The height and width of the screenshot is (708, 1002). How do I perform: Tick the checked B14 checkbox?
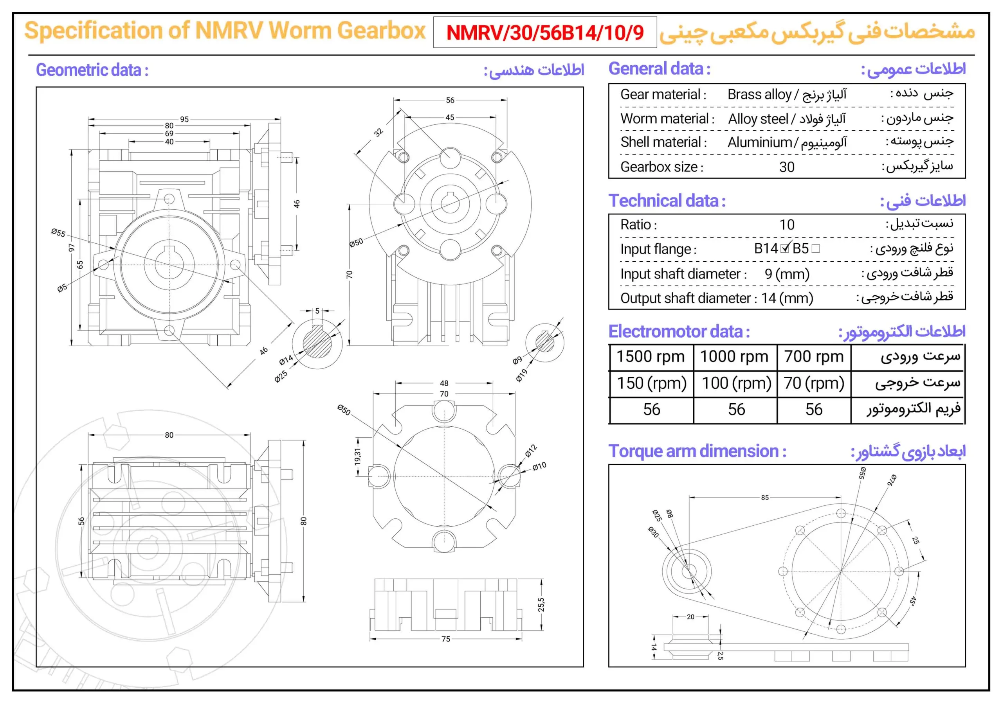(785, 248)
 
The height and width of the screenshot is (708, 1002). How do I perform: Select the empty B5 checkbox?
(815, 248)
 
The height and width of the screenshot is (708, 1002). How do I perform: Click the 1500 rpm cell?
(650, 356)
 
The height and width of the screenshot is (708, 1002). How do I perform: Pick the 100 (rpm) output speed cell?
(736, 383)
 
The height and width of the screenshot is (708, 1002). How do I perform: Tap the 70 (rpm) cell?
(814, 383)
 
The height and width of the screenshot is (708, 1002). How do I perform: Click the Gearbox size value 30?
(787, 167)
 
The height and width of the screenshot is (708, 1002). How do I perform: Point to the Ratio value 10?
(787, 225)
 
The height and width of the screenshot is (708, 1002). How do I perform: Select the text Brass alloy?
(759, 94)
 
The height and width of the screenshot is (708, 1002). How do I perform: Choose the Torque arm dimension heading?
(697, 451)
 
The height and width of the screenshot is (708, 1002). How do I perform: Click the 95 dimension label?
(184, 119)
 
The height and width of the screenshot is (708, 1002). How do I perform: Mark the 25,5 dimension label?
(541, 605)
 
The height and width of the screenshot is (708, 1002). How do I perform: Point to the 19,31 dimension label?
(357, 456)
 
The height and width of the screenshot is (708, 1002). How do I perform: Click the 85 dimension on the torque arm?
(764, 497)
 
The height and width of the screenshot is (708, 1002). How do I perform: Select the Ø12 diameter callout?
(531, 451)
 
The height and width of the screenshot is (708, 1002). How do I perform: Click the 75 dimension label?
(445, 639)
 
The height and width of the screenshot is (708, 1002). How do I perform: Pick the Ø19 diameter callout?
(521, 375)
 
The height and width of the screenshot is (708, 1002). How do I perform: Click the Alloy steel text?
(758, 119)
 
